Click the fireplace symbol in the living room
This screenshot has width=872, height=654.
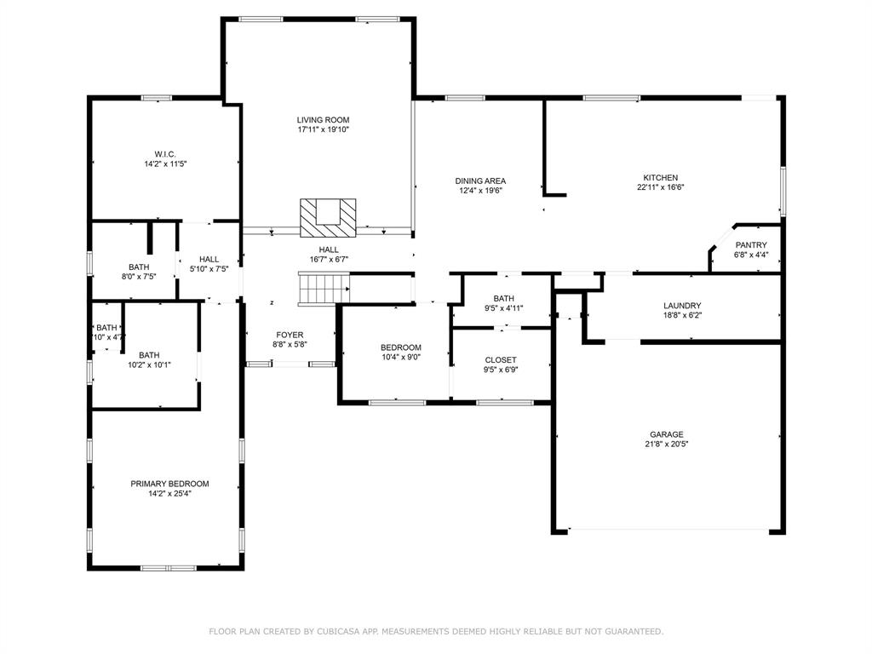tap(328, 217)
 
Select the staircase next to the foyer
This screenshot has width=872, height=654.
tap(324, 289)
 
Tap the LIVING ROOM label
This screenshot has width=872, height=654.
tap(323, 120)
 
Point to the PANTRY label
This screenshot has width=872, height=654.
tap(751, 245)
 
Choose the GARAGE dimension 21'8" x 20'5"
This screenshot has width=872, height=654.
tap(666, 445)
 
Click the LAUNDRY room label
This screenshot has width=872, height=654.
tap(682, 306)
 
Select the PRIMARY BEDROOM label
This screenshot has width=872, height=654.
tap(169, 484)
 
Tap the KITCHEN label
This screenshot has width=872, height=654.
tap(660, 178)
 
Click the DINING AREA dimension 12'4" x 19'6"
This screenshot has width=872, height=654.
tap(480, 191)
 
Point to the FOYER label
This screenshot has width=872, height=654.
tap(290, 335)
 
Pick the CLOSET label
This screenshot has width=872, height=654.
tap(501, 360)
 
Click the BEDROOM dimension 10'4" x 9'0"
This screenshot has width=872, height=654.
tap(400, 358)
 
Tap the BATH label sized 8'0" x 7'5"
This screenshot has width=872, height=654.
tap(139, 267)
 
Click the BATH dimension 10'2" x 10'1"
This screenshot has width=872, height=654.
tap(149, 365)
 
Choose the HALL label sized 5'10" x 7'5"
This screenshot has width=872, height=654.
tap(209, 260)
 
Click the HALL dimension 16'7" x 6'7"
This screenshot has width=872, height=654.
tap(329, 260)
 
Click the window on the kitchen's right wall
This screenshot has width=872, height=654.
tap(782, 191)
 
